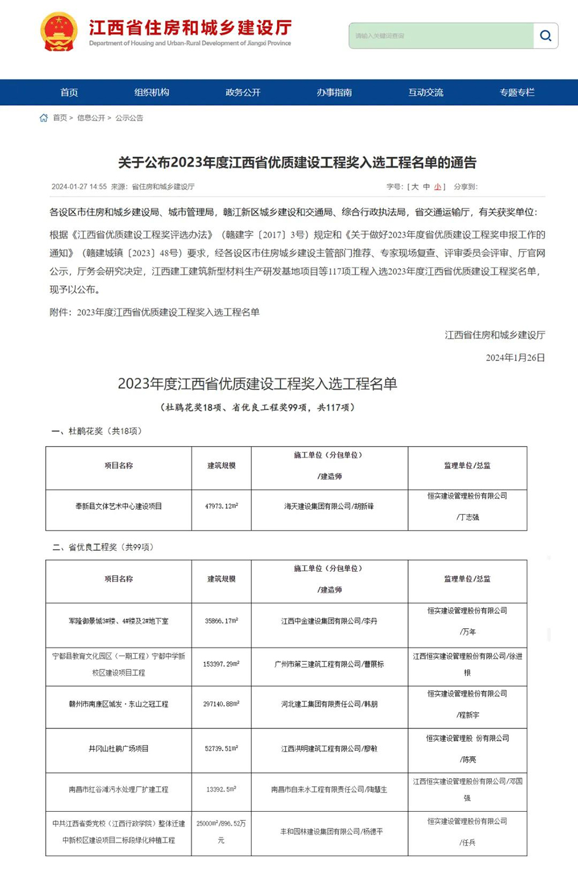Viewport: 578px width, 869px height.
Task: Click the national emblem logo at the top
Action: pos(58,32)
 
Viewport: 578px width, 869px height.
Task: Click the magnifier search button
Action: pos(545,36)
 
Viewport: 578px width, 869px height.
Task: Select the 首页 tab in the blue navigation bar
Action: pos(69,93)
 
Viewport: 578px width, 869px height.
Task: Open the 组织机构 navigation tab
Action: pos(152,93)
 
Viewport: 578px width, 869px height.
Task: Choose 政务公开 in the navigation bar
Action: pos(243,93)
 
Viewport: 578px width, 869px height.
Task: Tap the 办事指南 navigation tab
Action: pos(334,93)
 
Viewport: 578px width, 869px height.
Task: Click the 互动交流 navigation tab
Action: pos(426,93)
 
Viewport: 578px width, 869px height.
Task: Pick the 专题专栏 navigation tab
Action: pos(517,93)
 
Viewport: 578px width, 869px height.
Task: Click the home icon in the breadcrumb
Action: pos(44,118)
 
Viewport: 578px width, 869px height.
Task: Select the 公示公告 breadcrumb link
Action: pos(129,118)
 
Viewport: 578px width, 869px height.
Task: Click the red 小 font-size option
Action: pos(438,187)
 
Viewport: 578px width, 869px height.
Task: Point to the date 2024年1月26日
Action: pos(515,358)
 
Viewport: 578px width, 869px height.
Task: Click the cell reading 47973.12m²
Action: pos(221,506)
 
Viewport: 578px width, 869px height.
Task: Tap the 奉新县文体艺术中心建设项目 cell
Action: pos(118,506)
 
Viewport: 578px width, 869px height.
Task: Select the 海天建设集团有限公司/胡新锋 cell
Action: pos(329,506)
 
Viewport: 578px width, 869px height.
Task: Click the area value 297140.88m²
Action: pos(221,704)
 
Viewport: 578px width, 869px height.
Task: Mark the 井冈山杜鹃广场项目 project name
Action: pos(118,749)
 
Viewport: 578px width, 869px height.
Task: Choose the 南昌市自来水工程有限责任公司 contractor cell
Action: pos(329,789)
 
